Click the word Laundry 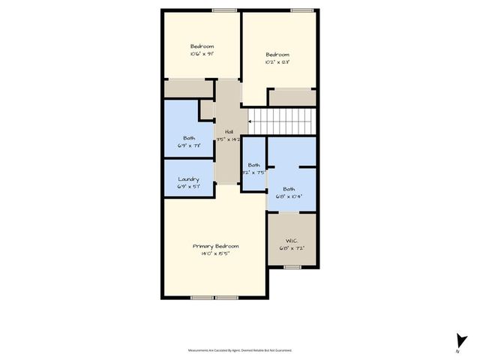pyautogui.click(x=188, y=179)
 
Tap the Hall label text pyautogui.click(x=229, y=132)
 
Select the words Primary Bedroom pyautogui.click(x=215, y=247)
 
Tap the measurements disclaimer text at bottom pyautogui.click(x=240, y=350)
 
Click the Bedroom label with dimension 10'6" pyautogui.click(x=202, y=46)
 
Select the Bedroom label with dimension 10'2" pyautogui.click(x=277, y=55)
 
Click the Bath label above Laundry pyautogui.click(x=189, y=138)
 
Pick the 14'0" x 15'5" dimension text pyautogui.click(x=215, y=254)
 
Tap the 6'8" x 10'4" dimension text pyautogui.click(x=289, y=196)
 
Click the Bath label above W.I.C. pyautogui.click(x=289, y=189)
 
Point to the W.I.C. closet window pyautogui.click(x=292, y=266)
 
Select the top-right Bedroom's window pyautogui.click(x=301, y=10)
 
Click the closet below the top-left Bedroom pyautogui.click(x=190, y=88)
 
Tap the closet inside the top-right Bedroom pyautogui.click(x=292, y=97)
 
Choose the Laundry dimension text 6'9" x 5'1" pyautogui.click(x=188, y=187)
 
